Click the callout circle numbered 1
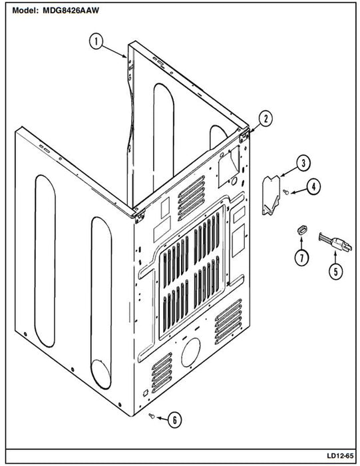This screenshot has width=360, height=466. pyautogui.click(x=96, y=41)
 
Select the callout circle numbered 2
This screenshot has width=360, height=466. pyautogui.click(x=266, y=118)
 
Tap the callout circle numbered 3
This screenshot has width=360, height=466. pyautogui.click(x=303, y=163)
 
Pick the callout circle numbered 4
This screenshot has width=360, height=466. pyautogui.click(x=313, y=186)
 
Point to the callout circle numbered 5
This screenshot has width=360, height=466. pyautogui.click(x=336, y=271)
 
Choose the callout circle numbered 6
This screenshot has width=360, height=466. pyautogui.click(x=174, y=420)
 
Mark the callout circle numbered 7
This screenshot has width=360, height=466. pyautogui.click(x=302, y=258)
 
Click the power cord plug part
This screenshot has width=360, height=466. pyautogui.click(x=335, y=241)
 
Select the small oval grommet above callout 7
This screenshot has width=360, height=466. pyautogui.click(x=302, y=230)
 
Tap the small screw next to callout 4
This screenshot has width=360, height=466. pyautogui.click(x=285, y=192)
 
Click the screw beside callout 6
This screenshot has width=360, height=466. pyautogui.click(x=151, y=416)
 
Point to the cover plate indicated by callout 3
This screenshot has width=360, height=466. pyautogui.click(x=271, y=195)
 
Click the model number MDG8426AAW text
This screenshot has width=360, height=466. pyautogui.click(x=71, y=11)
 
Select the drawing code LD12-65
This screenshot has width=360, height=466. pyautogui.click(x=340, y=455)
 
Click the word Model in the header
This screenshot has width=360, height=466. pyautogui.click(x=25, y=11)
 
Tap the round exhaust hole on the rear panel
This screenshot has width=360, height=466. pyautogui.click(x=191, y=352)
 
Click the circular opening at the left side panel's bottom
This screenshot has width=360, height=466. pyautogui.click(x=101, y=374)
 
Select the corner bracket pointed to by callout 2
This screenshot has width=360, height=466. pyautogui.click(x=244, y=135)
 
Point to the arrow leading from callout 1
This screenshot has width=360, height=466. pyautogui.click(x=114, y=51)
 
